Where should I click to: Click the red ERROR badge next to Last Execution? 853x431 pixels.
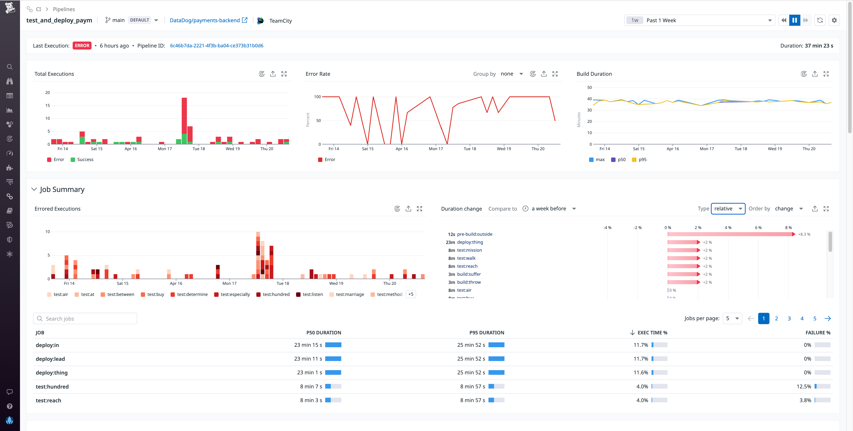pos(82,46)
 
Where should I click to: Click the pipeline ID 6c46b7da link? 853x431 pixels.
pos(217,46)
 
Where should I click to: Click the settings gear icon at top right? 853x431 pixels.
pos(834,20)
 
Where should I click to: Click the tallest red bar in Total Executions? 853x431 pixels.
pos(184,116)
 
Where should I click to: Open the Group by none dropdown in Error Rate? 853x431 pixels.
pos(511,74)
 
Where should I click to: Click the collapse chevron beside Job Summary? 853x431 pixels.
pos(34,189)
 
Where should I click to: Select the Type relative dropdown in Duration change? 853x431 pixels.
pos(728,209)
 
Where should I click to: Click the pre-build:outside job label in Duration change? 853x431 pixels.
pos(474,234)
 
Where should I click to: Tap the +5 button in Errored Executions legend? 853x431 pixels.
pos(411,294)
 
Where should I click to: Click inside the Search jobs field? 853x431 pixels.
pos(85,319)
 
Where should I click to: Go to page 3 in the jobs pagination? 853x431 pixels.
pos(789,319)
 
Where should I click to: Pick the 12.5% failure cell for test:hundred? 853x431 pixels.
pos(804,387)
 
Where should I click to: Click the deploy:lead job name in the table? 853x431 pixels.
pos(50,359)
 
